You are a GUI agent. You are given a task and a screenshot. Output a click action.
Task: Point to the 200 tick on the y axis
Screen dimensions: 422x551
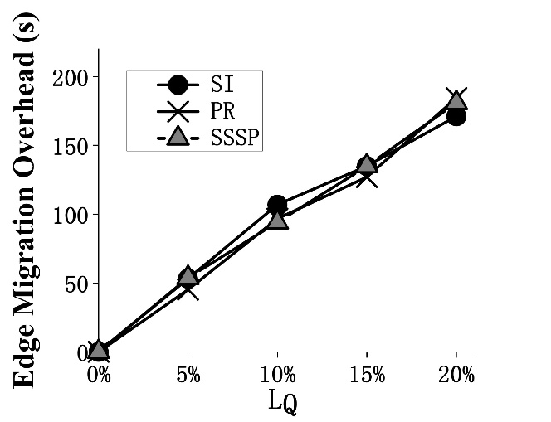click(71, 77)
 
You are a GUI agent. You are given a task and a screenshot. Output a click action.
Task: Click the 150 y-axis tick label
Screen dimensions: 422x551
click(71, 146)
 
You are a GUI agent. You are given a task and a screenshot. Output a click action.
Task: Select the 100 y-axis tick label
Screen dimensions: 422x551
click(71, 215)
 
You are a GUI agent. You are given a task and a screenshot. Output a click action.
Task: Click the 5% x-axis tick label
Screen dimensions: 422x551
click(188, 375)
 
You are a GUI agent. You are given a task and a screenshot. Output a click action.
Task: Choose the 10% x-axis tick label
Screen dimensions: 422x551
click(278, 375)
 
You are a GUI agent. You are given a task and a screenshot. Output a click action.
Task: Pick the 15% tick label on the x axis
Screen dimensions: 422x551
click(367, 375)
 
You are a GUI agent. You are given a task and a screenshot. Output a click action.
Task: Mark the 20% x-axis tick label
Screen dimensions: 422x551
click(456, 375)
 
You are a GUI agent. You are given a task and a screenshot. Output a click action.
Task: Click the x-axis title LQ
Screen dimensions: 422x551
click(282, 402)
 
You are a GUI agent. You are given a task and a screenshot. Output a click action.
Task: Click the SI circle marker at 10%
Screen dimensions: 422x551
click(277, 205)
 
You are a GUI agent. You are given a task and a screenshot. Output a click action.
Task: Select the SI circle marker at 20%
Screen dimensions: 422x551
click(456, 116)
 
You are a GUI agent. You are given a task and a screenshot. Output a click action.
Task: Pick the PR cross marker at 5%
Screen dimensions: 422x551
click(188, 289)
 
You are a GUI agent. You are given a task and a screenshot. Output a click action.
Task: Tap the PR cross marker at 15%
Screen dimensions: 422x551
click(367, 176)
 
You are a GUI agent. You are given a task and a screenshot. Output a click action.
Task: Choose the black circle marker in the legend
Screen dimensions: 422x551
click(177, 85)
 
